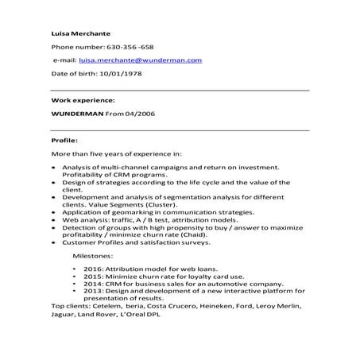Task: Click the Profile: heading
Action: pyautogui.click(x=64, y=139)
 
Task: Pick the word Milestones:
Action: pyautogui.click(x=93, y=257)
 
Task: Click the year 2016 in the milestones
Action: pyautogui.click(x=92, y=270)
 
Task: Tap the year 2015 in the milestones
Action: pyautogui.click(x=92, y=277)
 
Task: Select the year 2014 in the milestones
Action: pyautogui.click(x=92, y=285)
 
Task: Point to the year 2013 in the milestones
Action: pyautogui.click(x=92, y=291)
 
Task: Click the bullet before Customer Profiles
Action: pyautogui.click(x=52, y=243)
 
